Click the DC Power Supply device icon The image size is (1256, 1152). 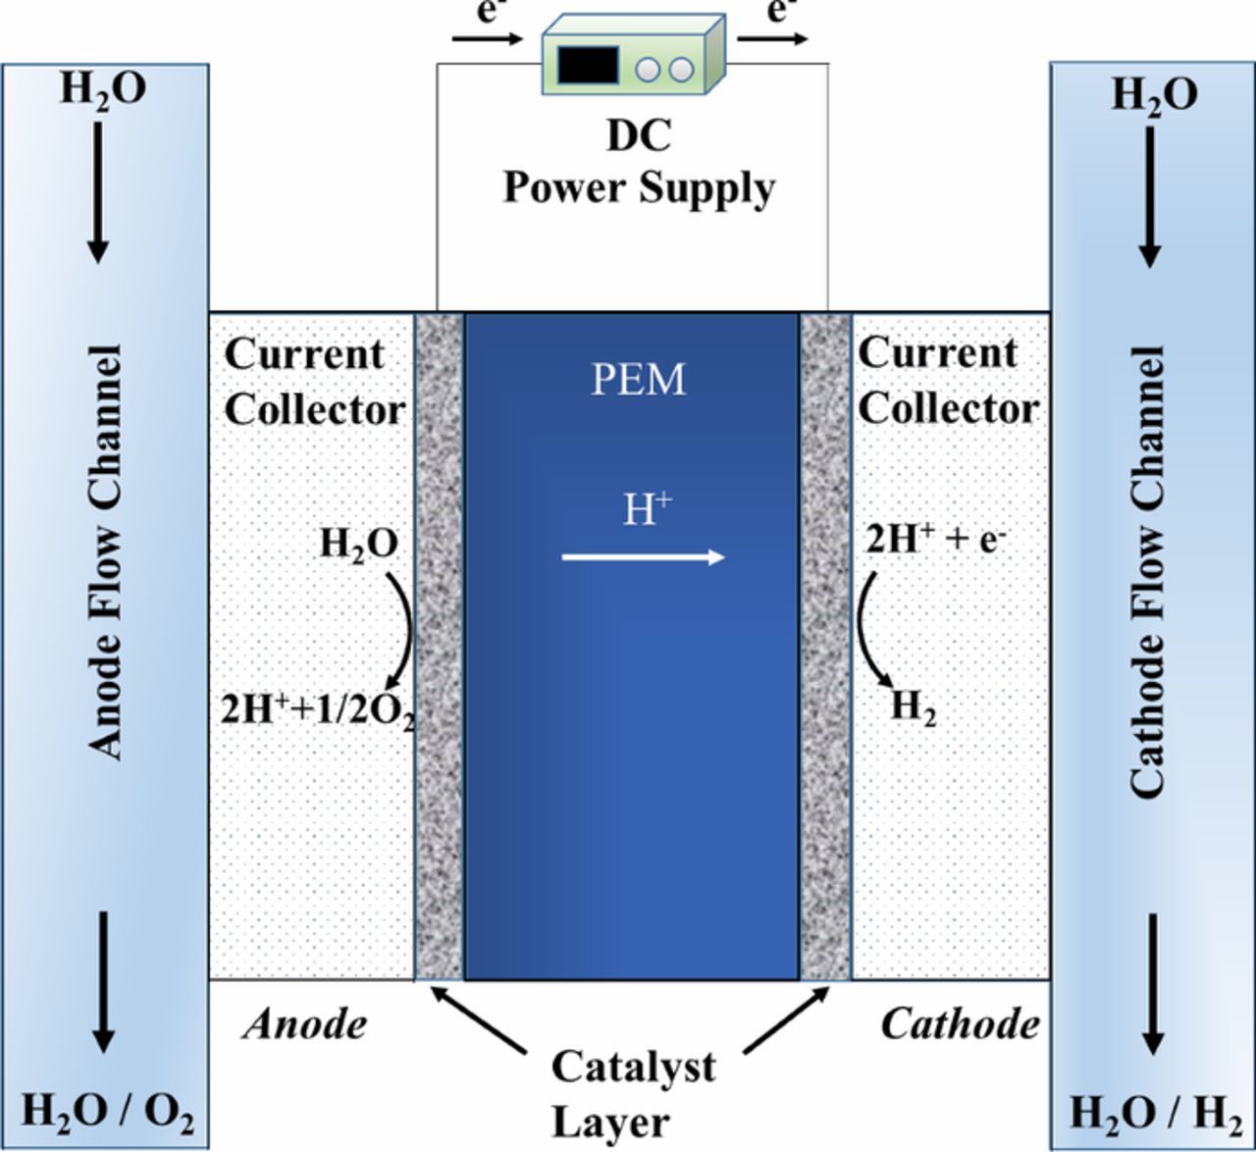coord(634,54)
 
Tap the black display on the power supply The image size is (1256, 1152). coord(588,64)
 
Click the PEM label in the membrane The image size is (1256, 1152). coord(638,380)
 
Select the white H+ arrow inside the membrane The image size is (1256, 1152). coord(643,557)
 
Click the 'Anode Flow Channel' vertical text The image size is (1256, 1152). coord(106,551)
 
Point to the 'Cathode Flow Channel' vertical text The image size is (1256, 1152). coord(1147,571)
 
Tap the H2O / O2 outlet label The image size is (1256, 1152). coord(107,1113)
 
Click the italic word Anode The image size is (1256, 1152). coord(305,1024)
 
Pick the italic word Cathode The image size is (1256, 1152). coord(960,1024)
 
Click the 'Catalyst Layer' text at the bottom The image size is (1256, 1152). coord(634,1093)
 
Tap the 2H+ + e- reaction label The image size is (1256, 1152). coord(935,539)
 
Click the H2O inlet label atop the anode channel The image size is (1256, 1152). coord(103,88)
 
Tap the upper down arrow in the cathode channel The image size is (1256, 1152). coord(1149,196)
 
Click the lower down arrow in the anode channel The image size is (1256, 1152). coord(102,981)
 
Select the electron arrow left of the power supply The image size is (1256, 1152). coord(487,39)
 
